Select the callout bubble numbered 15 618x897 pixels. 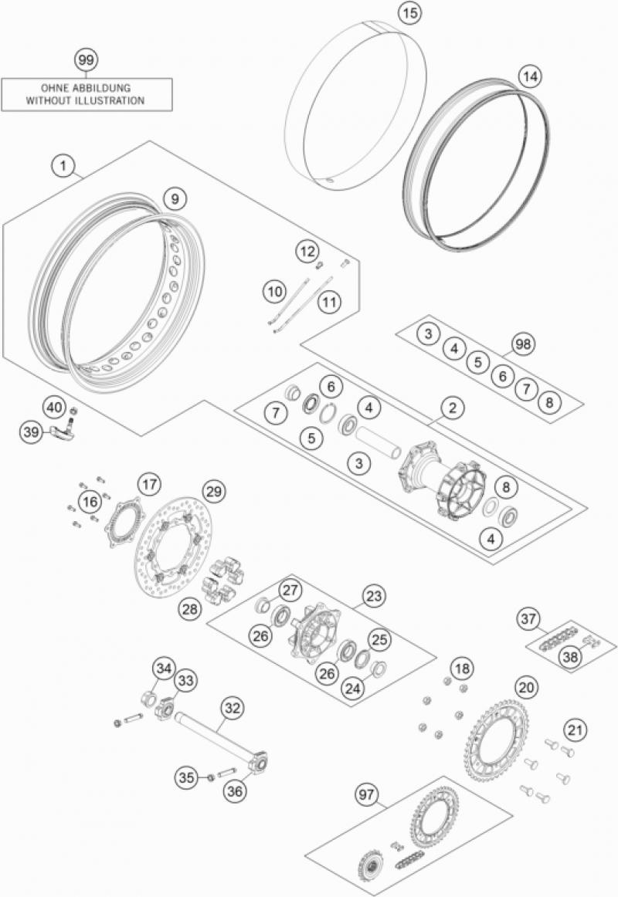(x=409, y=13)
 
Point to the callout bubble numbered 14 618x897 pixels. (x=531, y=76)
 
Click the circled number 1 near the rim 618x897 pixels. (x=63, y=167)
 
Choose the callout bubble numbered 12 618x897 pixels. (x=308, y=251)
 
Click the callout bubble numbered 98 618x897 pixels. (x=522, y=344)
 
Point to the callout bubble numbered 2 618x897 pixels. (x=452, y=408)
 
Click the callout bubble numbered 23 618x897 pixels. (x=374, y=596)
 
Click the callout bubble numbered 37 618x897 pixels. (x=528, y=619)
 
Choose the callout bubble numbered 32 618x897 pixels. (x=232, y=708)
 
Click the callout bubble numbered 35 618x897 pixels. (x=186, y=777)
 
